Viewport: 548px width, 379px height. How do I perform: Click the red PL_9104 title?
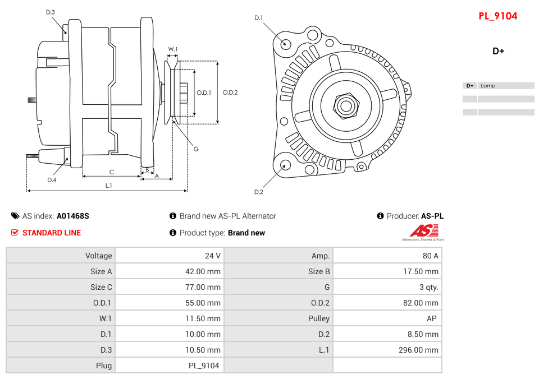497,16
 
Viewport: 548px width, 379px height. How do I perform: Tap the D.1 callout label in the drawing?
258,18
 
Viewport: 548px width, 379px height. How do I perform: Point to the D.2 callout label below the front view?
258,192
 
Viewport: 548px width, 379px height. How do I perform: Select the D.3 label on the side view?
50,12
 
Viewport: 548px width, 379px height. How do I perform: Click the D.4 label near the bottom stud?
52,180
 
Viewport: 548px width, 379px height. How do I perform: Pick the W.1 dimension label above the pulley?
173,49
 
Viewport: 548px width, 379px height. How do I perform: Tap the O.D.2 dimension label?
230,93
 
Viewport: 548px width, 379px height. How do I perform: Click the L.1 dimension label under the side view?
108,185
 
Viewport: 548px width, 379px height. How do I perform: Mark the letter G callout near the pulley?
196,149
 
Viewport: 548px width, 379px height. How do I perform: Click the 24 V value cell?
213,256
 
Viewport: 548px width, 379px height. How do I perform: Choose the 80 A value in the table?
430,256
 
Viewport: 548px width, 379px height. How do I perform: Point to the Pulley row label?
319,318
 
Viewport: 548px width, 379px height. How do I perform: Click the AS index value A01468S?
73,216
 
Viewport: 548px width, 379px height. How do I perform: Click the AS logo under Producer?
423,231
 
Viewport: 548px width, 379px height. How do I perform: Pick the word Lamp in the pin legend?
488,86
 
